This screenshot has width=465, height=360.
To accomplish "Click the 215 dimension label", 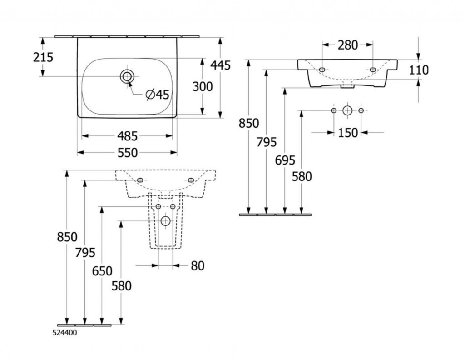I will (43, 57).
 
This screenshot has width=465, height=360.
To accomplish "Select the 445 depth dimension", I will (220, 65).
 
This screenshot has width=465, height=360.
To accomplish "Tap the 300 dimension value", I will (202, 86).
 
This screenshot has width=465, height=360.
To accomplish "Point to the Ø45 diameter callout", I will (157, 95).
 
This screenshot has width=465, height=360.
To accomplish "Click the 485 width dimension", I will (127, 136).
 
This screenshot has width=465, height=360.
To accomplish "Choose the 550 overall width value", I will (127, 153).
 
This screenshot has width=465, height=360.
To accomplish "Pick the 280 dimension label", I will (347, 45).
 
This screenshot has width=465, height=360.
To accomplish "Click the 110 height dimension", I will (419, 70).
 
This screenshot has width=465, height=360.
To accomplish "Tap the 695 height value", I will (285, 160).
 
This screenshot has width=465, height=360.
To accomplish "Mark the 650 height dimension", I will (102, 271).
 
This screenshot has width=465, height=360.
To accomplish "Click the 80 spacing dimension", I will (197, 265).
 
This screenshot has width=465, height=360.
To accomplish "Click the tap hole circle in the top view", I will (127, 76).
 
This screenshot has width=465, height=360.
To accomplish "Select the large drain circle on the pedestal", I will (165, 221).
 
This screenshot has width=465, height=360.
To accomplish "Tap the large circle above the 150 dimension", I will (347, 110).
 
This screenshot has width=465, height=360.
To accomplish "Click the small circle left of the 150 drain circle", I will (334, 110).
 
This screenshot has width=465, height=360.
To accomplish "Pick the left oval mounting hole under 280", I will (322, 70).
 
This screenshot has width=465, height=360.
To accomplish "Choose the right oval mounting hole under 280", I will (373, 70).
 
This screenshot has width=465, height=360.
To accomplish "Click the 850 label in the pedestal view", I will (67, 237).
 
